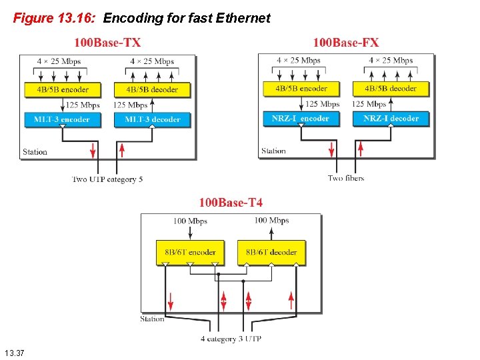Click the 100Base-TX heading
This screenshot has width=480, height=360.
click(107, 43)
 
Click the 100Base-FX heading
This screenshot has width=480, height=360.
click(346, 43)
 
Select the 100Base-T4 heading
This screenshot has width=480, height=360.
click(231, 202)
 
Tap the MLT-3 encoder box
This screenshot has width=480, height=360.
click(61, 119)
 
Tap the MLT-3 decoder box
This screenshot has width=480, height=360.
click(153, 119)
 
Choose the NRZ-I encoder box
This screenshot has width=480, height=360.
click(301, 119)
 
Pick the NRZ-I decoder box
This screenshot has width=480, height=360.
click(391, 119)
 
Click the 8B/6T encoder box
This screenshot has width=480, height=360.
click(190, 253)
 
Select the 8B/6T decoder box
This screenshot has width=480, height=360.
click(271, 253)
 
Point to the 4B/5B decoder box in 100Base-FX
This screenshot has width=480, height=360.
click(391, 88)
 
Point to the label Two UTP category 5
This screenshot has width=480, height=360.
click(107, 179)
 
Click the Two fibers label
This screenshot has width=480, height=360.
click(346, 178)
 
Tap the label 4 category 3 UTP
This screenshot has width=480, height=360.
click(231, 339)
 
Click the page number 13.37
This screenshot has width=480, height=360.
click(14, 351)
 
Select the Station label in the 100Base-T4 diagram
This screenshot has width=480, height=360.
click(152, 319)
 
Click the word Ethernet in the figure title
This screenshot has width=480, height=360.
click(243, 18)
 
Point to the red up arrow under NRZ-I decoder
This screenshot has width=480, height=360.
click(361, 147)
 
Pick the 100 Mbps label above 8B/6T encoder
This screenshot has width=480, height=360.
click(190, 221)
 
